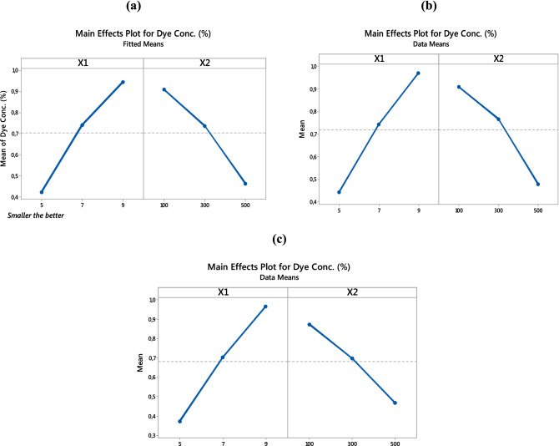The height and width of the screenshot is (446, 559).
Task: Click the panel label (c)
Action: (x=281, y=239)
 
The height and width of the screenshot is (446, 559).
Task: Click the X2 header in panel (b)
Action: (x=499, y=58)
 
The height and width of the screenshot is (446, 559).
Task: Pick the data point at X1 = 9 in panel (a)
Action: (x=123, y=82)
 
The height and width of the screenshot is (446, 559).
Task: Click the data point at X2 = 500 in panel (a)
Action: (x=245, y=184)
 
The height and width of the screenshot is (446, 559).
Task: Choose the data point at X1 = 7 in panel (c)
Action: (x=223, y=357)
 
